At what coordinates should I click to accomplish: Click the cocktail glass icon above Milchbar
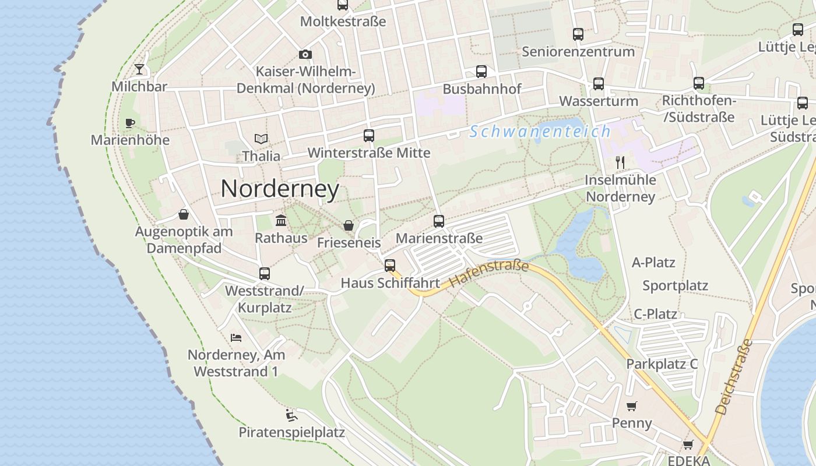(x=139, y=70)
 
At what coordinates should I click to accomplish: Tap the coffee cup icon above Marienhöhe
(x=130, y=123)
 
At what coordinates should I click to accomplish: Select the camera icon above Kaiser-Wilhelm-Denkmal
(x=305, y=55)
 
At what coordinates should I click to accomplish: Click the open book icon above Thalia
(x=261, y=139)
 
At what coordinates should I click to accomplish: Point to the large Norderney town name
(x=280, y=189)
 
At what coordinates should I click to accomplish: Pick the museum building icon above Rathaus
(x=281, y=220)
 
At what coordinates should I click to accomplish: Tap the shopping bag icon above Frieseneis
(x=349, y=225)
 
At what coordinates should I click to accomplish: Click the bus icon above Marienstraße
(x=439, y=221)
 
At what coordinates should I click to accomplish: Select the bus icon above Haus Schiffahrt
(x=390, y=266)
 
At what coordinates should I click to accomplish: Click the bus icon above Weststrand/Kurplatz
(x=264, y=273)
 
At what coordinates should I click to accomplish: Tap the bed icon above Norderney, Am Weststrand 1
(x=236, y=337)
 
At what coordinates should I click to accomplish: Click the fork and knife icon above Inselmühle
(x=620, y=163)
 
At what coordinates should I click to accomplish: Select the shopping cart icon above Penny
(x=632, y=406)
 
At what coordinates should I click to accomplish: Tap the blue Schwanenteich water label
(x=540, y=132)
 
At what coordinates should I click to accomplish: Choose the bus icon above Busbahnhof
(x=481, y=72)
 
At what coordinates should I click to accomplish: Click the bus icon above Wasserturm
(x=599, y=84)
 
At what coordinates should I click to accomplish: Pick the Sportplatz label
(x=675, y=285)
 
